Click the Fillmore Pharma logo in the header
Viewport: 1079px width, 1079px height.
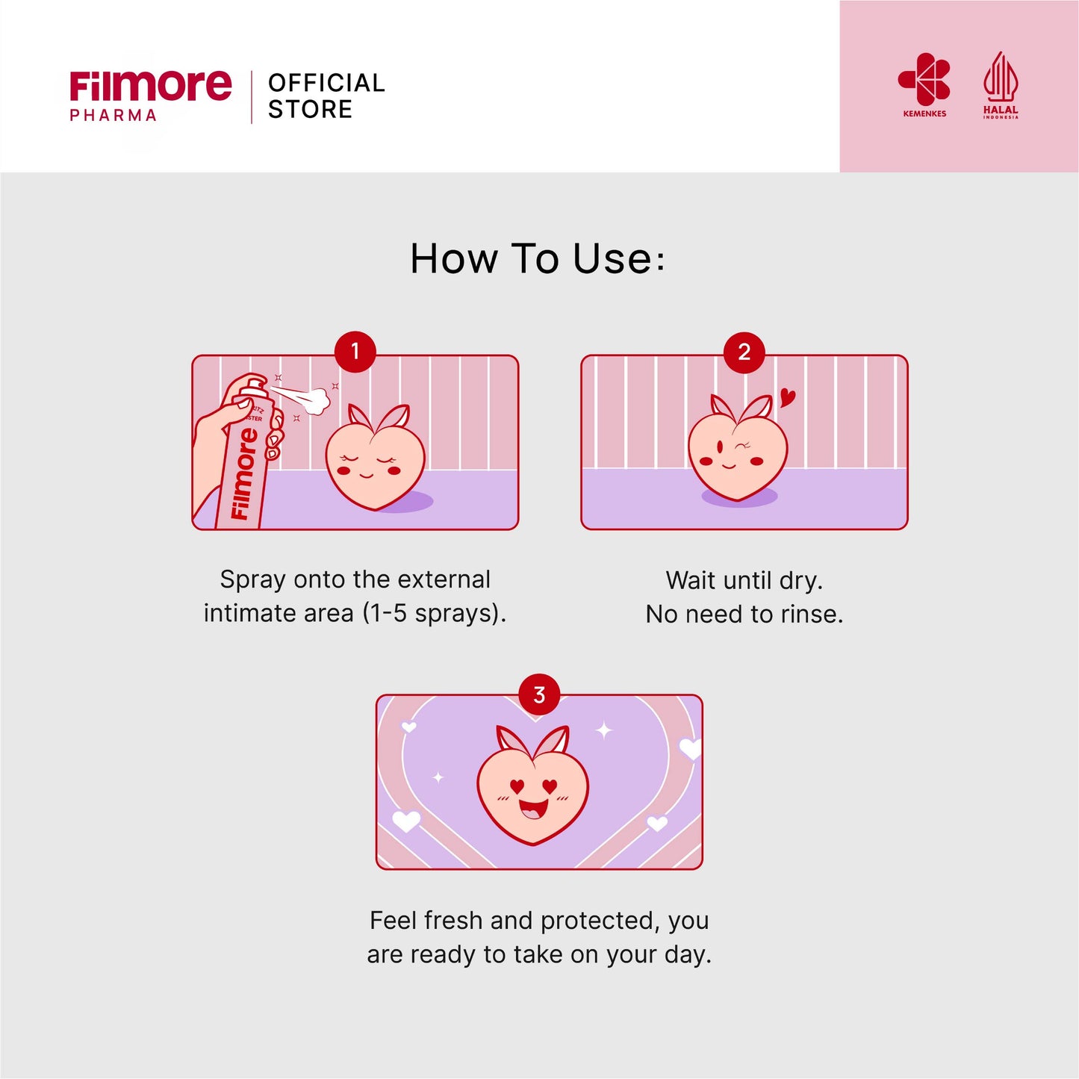pos(150,95)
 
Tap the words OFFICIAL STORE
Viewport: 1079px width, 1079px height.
pos(326,96)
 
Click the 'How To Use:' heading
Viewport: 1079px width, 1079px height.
pos(538,259)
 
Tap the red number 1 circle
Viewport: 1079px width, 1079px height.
pos(355,351)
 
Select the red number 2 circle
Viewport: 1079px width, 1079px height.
pos(744,352)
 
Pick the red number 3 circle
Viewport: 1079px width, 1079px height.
pos(539,695)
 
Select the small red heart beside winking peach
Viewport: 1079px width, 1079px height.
pos(787,397)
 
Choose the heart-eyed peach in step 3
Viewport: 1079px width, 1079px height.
pos(533,792)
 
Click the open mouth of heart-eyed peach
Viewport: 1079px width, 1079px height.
pos(532,809)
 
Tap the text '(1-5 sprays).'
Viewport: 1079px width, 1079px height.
pos(435,614)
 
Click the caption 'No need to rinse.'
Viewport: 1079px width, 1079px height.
pos(744,615)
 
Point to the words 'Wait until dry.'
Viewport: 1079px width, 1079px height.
pos(744,580)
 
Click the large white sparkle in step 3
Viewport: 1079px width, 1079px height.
pos(604,730)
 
